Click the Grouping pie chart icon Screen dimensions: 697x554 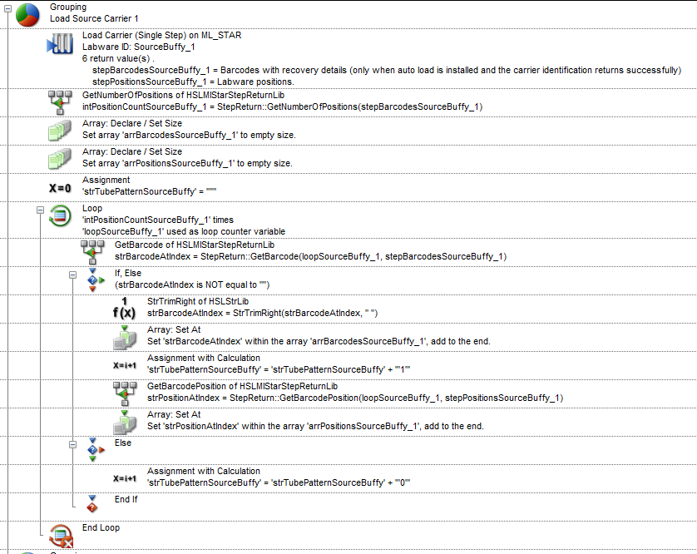pos(27,15)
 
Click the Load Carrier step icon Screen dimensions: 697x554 pos(60,44)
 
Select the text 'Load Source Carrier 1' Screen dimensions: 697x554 pos(94,18)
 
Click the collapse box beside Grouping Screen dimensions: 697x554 pos(7,8)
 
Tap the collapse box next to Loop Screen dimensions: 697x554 pos(41,210)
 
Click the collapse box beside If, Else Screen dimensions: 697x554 pos(73,275)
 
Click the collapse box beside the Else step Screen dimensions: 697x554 pos(73,445)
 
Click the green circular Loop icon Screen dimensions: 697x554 pos(60,216)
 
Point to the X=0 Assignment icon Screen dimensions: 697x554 pos(60,189)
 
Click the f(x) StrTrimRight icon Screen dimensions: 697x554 pos(124,308)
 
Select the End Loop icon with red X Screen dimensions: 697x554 pos(62,537)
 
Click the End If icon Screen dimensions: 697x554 pos(92,504)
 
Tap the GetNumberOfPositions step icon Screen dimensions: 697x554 pos(60,102)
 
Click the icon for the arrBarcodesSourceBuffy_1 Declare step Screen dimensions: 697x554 pos(60,131)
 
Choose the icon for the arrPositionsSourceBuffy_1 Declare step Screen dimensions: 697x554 pos(60,159)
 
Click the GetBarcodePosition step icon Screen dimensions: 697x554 pos(125,393)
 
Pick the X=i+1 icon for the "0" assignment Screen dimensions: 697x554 pos(125,479)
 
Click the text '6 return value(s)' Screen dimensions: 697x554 pos(116,59)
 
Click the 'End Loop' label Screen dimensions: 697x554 pos(101,527)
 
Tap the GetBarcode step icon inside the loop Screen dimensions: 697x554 pos(92,252)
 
